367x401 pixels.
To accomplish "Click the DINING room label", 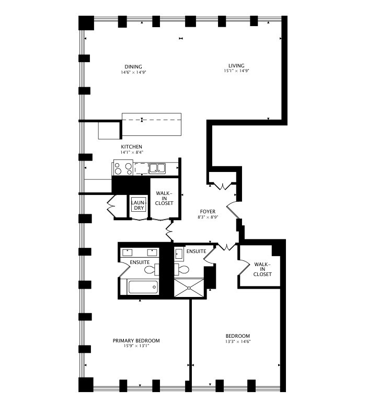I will pos(133,66).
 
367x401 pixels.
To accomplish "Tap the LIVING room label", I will pos(236,65).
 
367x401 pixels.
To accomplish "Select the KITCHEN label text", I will pos(132,146).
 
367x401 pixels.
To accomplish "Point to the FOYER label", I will pos(208,211).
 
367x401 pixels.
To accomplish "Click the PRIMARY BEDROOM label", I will pos(136,340).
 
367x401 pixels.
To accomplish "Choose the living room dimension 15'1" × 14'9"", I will pos(236,71).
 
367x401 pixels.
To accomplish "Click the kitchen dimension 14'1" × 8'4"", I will pos(132,152).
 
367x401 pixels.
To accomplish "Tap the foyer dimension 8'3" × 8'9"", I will pos(208,216).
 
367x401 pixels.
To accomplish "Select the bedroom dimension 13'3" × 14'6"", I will pos(238,341).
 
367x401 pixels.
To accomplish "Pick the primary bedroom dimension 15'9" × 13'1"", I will pos(136,346).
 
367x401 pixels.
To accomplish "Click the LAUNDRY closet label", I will pos(138,205).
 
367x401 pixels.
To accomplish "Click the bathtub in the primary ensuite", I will pos(143,287).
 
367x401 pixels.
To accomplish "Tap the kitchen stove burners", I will pos(123,168).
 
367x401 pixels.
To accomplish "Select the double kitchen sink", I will pos(156,168).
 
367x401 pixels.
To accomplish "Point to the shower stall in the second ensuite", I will pos(190,288).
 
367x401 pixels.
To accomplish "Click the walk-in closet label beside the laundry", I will pos(164,198).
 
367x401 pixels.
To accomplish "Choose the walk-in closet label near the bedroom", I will pos(262,269).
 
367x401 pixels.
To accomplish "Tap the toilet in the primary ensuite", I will pos(150,270).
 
